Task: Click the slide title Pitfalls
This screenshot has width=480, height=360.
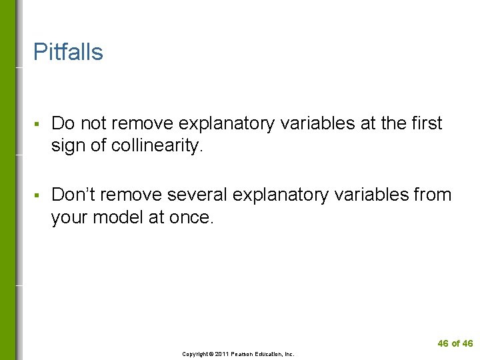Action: click(68, 52)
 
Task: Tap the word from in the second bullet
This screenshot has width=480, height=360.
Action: click(433, 195)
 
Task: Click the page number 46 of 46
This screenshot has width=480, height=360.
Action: click(455, 343)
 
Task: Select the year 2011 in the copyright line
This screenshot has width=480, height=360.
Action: click(221, 354)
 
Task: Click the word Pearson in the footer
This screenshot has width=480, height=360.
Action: click(244, 354)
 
